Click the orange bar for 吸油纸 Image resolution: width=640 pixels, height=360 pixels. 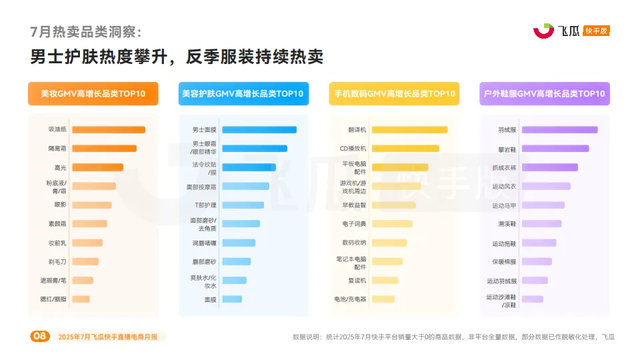(108, 130)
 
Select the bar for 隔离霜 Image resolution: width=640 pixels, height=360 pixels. (104, 149)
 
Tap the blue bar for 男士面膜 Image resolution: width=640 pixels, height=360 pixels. (259, 130)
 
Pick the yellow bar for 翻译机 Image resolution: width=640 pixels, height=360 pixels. (409, 130)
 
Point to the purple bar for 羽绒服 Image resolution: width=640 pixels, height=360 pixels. (559, 130)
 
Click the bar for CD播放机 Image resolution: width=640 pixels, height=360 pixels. (405, 149)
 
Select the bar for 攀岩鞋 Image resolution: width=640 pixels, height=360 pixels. (555, 149)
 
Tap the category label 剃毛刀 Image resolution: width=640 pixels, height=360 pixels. (57, 261)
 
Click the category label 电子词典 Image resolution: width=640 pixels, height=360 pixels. (354, 224)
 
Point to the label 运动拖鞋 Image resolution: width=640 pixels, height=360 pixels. (504, 243)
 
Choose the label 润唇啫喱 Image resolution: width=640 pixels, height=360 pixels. (204, 243)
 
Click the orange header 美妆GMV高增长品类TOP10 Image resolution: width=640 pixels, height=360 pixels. (93, 94)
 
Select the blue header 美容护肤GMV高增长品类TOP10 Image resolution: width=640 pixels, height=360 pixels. (243, 94)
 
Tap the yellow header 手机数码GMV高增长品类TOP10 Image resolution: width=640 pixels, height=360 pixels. (393, 94)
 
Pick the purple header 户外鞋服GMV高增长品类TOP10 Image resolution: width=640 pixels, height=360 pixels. (544, 94)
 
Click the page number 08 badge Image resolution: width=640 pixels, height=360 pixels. (40, 337)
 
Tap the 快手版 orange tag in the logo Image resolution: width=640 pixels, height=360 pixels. (596, 31)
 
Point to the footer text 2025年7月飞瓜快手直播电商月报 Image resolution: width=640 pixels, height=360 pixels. (108, 337)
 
